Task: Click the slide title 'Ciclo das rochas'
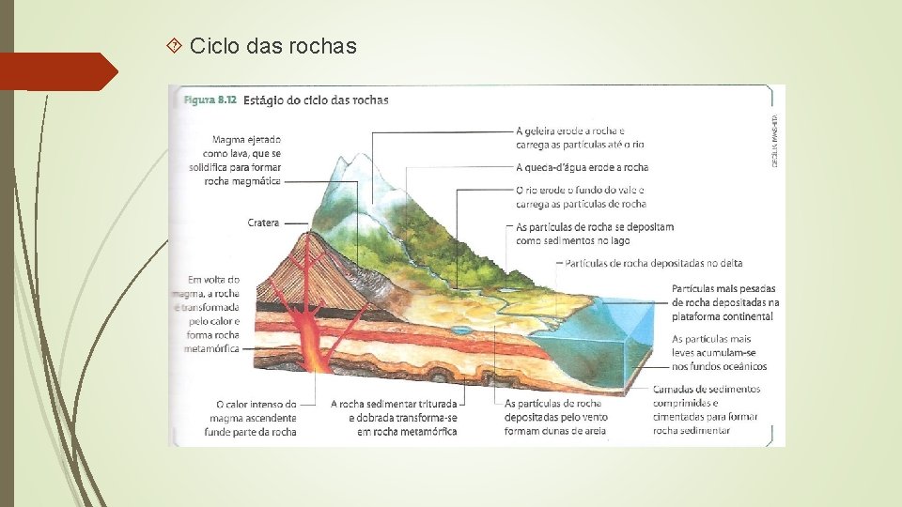pos(272,45)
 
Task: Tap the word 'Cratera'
pos(264,223)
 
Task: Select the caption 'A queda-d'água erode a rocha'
pos(582,167)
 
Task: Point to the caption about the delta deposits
pos(654,264)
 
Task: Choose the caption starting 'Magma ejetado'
pos(241,161)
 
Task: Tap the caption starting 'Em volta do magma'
pos(213,314)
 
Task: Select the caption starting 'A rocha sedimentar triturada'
pos(394,418)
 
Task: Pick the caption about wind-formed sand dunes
pos(555,418)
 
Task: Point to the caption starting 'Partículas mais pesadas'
pos(725,302)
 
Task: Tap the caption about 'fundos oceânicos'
pos(719,352)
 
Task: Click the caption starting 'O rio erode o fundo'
pos(581,197)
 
